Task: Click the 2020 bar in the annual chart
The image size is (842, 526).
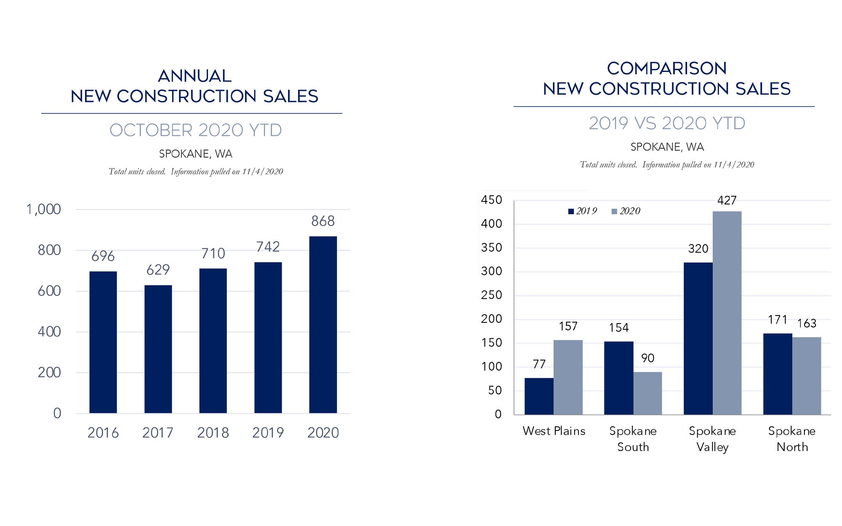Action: (323, 324)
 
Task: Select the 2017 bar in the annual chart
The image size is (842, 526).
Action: (158, 349)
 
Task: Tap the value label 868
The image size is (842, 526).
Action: (323, 221)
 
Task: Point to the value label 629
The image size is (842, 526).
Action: (158, 270)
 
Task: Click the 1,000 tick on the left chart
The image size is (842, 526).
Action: (44, 209)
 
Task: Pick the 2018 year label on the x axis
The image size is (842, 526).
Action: (213, 433)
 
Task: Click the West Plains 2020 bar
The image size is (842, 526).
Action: (568, 377)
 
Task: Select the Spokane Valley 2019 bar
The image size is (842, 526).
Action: (698, 338)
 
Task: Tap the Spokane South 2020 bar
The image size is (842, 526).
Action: (647, 393)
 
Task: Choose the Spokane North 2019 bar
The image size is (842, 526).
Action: (778, 374)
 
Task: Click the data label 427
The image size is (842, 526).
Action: (727, 200)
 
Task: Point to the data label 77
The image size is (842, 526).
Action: (539, 364)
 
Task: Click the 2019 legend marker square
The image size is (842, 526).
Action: (571, 211)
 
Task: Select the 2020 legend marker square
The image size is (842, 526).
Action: (614, 211)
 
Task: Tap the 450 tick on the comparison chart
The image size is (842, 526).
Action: (492, 200)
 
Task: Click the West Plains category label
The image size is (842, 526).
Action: (554, 431)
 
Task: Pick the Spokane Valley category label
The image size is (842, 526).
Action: (712, 439)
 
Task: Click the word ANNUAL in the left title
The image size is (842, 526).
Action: (195, 76)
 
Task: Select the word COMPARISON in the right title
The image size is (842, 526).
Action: (667, 69)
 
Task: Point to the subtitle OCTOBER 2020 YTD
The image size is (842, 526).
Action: (196, 130)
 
